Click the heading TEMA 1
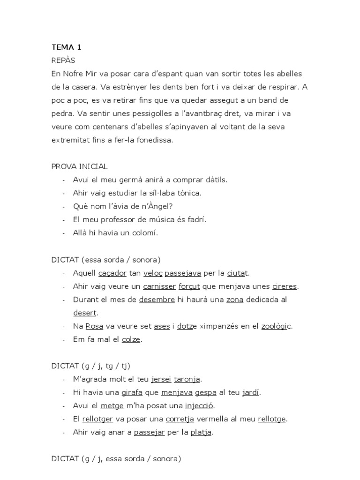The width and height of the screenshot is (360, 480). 66,47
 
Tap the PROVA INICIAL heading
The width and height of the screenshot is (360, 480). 79,166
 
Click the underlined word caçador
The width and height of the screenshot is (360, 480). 112,273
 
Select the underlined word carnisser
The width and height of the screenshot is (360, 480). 159,286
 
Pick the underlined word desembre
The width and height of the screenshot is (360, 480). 157,300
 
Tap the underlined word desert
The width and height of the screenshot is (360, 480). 85,313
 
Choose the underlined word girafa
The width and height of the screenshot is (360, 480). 132,392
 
